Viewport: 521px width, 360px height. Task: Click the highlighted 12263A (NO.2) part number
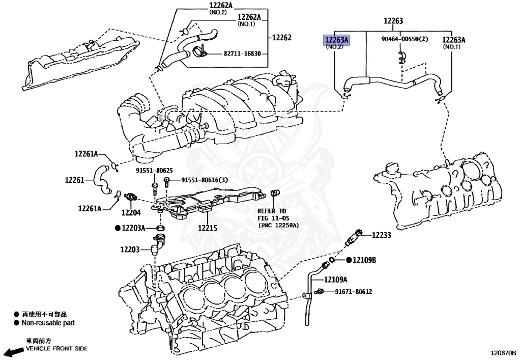point(337,40)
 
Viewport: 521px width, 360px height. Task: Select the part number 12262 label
point(281,38)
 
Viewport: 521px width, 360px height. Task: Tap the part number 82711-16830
point(242,53)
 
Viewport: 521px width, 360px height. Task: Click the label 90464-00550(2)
point(404,39)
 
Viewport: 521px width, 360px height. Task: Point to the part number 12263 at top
point(393,21)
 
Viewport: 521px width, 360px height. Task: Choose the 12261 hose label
point(75,179)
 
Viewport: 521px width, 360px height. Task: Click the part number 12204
point(131,212)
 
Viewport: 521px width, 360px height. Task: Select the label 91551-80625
point(154,171)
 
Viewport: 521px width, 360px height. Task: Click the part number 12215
point(208,229)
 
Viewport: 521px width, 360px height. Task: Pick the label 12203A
point(133,228)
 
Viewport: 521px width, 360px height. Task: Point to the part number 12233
point(381,235)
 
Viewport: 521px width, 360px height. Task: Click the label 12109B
point(365,260)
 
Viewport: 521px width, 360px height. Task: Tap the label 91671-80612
point(353,292)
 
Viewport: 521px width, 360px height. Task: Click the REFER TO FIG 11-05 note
point(272,217)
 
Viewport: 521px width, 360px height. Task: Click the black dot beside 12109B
point(349,260)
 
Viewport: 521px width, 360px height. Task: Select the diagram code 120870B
point(503,352)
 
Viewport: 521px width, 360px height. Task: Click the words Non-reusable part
point(48,322)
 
